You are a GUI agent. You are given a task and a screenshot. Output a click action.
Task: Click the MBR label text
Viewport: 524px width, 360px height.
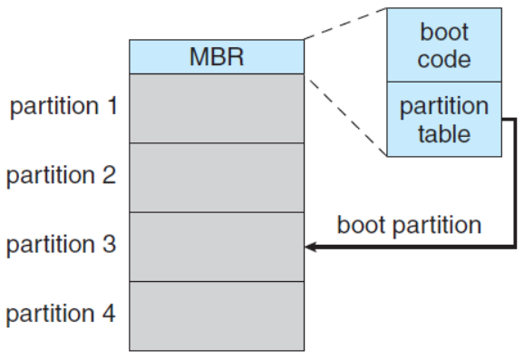218,56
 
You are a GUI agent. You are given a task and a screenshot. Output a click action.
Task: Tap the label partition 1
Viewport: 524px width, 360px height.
62,107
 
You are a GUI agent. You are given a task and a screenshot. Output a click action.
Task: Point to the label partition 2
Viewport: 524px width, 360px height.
62,176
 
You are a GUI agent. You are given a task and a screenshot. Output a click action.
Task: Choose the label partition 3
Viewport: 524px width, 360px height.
62,245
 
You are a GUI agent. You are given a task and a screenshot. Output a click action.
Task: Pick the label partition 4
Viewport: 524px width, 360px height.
62,315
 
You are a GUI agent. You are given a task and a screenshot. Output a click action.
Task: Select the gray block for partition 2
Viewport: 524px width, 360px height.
218,177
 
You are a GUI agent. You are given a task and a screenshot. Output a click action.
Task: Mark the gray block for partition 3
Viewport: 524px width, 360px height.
218,246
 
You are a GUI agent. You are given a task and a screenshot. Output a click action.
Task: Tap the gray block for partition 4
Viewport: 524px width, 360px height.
218,316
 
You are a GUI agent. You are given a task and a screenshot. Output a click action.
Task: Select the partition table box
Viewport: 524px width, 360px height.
445,120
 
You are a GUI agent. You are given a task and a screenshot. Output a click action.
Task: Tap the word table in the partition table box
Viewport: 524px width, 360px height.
445,134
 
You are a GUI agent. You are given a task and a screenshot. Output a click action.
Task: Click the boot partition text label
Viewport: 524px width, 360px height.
409,225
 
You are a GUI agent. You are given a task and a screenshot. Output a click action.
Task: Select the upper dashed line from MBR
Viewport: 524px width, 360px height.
345,23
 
